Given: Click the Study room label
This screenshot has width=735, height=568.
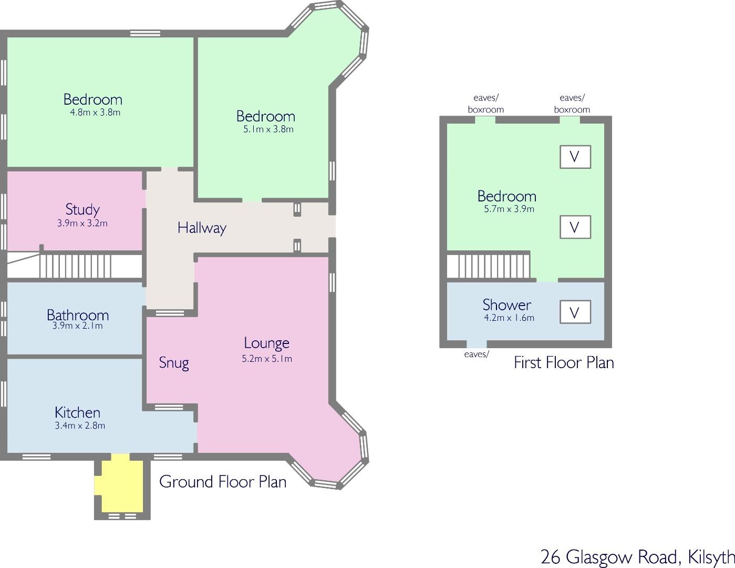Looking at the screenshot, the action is (82, 209).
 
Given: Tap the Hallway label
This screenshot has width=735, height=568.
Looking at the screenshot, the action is (202, 228).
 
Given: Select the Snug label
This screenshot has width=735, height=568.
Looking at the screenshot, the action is (174, 363).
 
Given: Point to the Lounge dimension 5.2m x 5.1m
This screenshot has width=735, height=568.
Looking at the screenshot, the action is (267, 359).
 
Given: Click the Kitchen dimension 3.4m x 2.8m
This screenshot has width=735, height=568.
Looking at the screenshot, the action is (80, 425).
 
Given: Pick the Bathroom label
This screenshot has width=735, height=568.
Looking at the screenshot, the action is (78, 315).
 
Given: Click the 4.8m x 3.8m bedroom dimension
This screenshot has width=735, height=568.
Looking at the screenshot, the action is (96, 113).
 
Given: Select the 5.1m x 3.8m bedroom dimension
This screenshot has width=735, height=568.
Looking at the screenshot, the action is (268, 129).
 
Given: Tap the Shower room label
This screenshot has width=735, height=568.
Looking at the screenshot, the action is (506, 305).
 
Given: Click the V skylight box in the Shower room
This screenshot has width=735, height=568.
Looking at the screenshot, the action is (575, 312).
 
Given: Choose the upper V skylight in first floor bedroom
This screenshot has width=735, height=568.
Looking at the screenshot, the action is (575, 157).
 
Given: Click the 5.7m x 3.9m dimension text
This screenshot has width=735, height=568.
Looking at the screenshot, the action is (509, 209).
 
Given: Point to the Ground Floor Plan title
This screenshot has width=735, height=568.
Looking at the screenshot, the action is (223, 482).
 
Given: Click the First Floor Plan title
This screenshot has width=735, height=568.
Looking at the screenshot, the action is (564, 362).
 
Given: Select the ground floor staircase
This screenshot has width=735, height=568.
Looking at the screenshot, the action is (75, 266).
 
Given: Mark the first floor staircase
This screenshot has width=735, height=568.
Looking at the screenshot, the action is (489, 266).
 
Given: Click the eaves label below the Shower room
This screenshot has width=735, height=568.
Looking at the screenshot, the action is (477, 354).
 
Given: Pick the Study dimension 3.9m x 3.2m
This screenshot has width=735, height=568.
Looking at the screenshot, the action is (82, 224).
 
